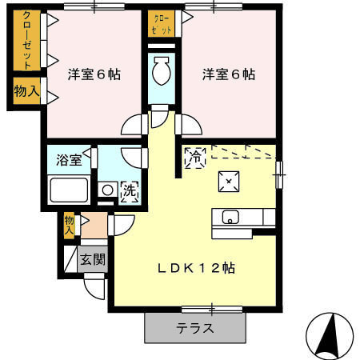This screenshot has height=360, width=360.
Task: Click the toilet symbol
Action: [x=162, y=70]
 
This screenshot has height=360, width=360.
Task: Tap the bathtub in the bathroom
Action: [x=69, y=190]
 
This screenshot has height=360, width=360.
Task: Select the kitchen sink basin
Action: [x=230, y=217]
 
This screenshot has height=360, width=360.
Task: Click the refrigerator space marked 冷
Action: [x=195, y=158]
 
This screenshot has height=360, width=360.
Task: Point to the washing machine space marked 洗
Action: [x=130, y=191]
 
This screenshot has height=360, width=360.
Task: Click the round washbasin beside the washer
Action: [x=108, y=190]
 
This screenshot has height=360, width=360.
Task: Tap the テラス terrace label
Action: [x=195, y=328]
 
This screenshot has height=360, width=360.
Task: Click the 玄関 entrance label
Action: [x=93, y=259]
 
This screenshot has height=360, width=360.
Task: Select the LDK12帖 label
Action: [x=196, y=268]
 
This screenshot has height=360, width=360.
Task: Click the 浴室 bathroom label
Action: [x=69, y=159]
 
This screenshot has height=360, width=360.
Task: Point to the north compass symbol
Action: [x=330, y=336]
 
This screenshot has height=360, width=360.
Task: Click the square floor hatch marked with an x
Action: [x=229, y=182]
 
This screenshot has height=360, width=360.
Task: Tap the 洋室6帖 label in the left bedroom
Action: [x=94, y=74]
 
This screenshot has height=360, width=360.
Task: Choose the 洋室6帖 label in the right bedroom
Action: [x=229, y=74]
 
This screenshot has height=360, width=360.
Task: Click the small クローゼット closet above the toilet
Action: [x=162, y=24]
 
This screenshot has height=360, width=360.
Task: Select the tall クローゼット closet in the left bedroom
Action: [x=27, y=41]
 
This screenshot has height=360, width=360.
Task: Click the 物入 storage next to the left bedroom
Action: [x=27, y=91]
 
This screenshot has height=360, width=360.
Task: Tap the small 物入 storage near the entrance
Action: [x=69, y=226]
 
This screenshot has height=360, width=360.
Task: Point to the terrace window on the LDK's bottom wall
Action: [x=212, y=310]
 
